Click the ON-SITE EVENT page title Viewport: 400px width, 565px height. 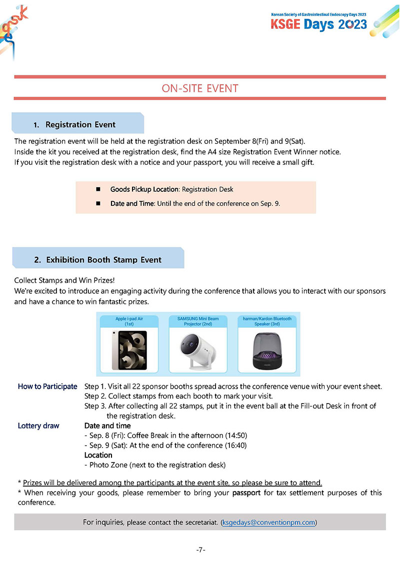200,88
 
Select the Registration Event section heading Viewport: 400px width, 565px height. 80,124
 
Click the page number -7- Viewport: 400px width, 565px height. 200,550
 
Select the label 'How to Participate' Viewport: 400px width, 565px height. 47,386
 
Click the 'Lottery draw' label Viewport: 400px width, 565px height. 38,426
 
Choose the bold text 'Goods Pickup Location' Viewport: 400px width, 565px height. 144,189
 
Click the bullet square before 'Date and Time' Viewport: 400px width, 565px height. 98,203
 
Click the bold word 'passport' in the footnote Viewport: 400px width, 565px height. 248,493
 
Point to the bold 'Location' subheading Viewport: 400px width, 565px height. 98,455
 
